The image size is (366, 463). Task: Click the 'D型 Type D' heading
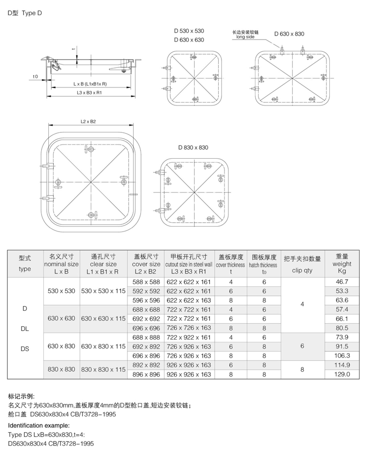pyautogui.click(x=25, y=14)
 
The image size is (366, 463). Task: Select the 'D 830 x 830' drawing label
pyautogui.click(x=193, y=147)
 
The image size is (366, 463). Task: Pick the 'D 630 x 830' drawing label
pyautogui.click(x=289, y=34)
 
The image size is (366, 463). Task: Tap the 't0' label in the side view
pyautogui.click(x=35, y=77)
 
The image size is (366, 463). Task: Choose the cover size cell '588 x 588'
pyautogui.click(x=146, y=282)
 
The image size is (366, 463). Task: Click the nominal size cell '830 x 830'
pyautogui.click(x=61, y=370)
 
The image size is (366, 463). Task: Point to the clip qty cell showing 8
pyautogui.click(x=302, y=370)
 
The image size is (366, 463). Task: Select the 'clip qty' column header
pyautogui.click(x=302, y=270)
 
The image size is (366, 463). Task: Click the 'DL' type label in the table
pyautogui.click(x=24, y=329)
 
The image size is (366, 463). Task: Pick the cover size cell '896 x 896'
pyautogui.click(x=146, y=374)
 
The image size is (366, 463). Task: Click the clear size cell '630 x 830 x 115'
pyautogui.click(x=103, y=346)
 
